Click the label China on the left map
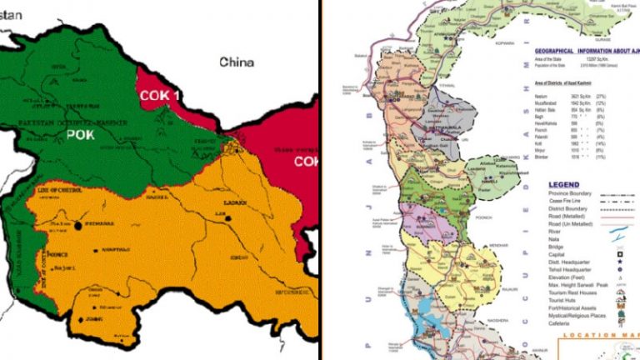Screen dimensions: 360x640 click(236, 62)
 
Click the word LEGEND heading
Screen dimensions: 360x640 click(565, 184)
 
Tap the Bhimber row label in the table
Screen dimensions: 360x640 click(542, 157)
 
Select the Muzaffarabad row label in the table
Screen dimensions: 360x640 click(547, 104)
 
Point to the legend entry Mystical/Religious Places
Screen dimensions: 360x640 click(582, 316)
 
